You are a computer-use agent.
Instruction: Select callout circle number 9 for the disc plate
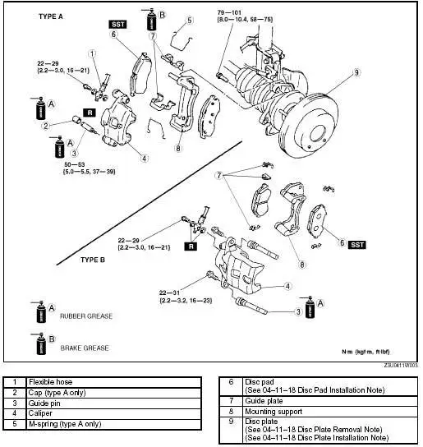[357, 72]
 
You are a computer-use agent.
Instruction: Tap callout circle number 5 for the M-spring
[189, 21]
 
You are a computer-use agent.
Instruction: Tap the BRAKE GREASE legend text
[85, 348]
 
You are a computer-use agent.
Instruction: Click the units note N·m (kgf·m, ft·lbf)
[371, 352]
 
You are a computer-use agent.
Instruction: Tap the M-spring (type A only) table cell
[65, 424]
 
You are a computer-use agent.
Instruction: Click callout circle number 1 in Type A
[93, 54]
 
